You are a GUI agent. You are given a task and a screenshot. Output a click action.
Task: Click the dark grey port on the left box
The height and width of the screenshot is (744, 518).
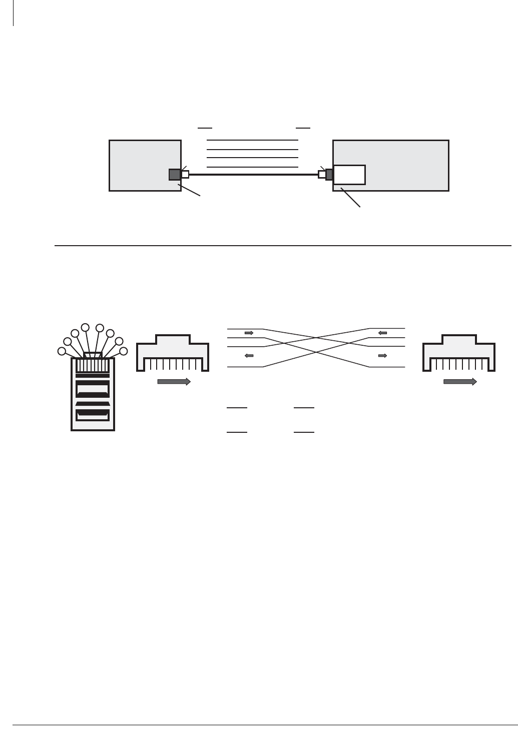point(175,175)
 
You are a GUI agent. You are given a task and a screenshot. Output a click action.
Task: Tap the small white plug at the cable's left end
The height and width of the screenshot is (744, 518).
point(185,175)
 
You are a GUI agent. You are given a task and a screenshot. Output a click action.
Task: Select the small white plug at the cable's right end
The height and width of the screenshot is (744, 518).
point(322,175)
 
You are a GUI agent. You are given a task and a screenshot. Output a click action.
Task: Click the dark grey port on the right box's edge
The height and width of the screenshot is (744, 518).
point(329,175)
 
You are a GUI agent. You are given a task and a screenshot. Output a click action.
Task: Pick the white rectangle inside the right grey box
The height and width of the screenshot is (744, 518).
point(349,175)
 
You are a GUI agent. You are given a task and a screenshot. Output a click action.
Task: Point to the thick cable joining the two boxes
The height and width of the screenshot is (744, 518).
point(253,175)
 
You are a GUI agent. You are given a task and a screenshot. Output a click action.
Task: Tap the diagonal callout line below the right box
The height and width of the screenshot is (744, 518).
point(350,197)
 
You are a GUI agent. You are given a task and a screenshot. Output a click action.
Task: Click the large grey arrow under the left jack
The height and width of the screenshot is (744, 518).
point(174,382)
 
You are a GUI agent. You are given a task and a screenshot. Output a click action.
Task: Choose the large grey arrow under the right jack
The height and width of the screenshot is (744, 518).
point(460,382)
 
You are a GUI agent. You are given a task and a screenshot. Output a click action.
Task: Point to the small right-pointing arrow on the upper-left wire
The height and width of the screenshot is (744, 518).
point(249,332)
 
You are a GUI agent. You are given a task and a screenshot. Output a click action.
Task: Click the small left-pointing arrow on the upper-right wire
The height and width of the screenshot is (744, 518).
point(382,332)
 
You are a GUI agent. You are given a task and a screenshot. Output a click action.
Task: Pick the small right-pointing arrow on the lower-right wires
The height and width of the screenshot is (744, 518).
point(382,356)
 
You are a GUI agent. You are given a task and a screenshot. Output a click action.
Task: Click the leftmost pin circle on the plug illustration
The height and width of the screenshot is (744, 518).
point(62,351)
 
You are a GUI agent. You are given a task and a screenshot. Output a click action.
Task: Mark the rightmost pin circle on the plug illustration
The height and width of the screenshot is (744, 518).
point(124,351)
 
